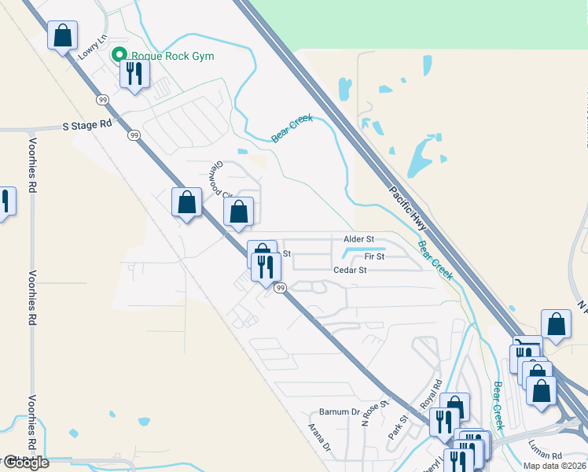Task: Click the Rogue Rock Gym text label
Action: click(172, 56)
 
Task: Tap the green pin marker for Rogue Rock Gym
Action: click(119, 55)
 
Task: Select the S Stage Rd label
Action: click(87, 124)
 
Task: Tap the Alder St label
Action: click(359, 238)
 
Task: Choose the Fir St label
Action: click(374, 256)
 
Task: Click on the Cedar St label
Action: click(351, 270)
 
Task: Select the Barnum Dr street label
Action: click(339, 412)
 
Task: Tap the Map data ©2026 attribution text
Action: click(555, 466)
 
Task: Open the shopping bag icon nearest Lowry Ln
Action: click(63, 36)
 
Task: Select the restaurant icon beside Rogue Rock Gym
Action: click(134, 75)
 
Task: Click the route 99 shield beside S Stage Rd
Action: click(134, 135)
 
